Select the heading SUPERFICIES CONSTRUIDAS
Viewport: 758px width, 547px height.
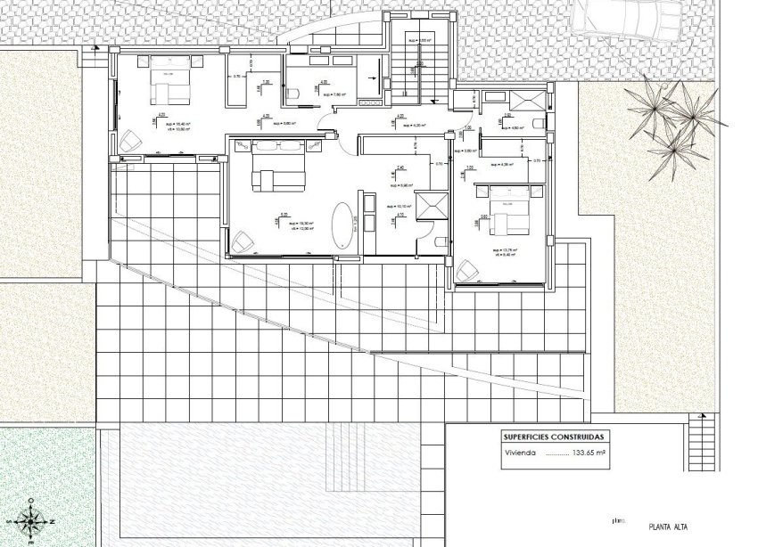point(553,437)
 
